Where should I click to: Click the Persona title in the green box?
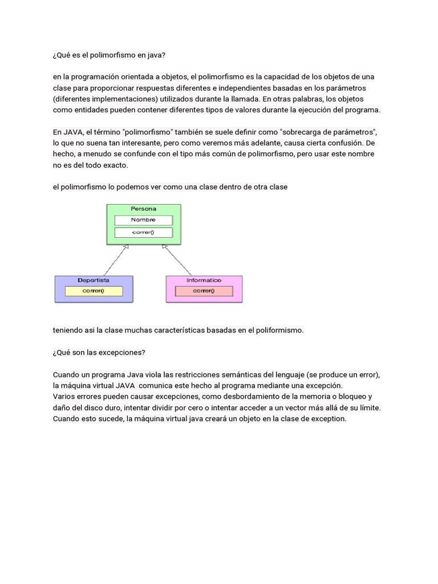point(143,209)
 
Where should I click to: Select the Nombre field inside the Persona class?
point(143,220)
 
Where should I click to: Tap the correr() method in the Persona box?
point(143,232)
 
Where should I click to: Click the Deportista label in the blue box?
point(94,280)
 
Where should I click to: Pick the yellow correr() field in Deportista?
point(94,291)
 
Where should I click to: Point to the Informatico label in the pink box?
point(204,280)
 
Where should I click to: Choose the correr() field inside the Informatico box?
point(204,291)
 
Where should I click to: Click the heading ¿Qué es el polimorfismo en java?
point(108,55)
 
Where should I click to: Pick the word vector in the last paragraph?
point(301,408)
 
